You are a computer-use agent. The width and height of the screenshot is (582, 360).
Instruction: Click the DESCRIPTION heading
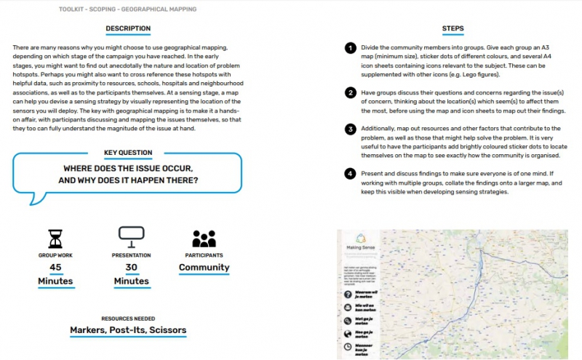point(129,29)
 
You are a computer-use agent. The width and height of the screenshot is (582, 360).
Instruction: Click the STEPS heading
point(453,29)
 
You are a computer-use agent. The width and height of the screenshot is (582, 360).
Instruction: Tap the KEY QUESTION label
point(128,153)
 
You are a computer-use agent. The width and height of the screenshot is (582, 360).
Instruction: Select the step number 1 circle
point(351,48)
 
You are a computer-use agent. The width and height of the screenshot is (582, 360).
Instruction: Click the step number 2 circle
point(351,92)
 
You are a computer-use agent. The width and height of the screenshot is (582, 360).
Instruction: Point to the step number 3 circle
point(351,129)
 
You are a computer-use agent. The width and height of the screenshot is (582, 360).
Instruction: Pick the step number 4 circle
point(351,174)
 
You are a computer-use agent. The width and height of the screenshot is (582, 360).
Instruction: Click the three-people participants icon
point(204,239)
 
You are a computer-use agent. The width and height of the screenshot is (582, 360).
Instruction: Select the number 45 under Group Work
point(55,268)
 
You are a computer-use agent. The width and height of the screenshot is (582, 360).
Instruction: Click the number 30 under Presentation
point(131,268)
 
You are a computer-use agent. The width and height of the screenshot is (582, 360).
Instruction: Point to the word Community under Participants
point(204,268)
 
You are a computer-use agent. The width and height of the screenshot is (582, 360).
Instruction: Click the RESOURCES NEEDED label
point(128,319)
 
